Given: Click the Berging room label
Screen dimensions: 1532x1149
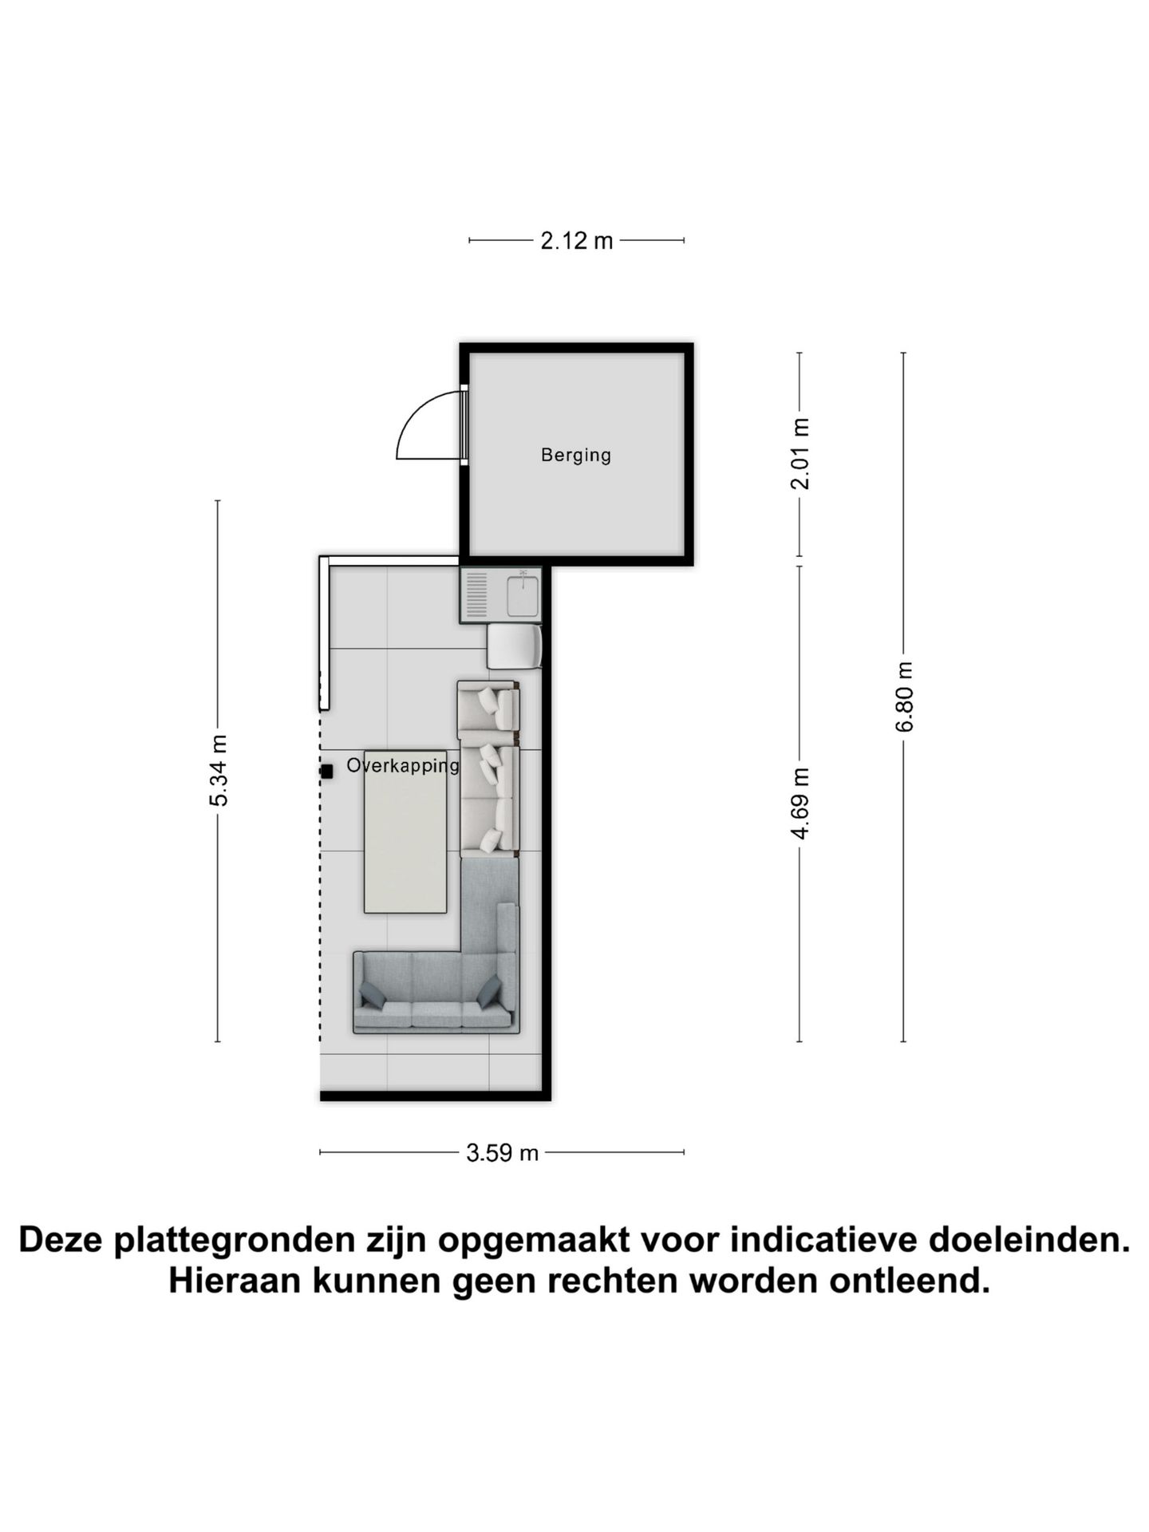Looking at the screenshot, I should (575, 455).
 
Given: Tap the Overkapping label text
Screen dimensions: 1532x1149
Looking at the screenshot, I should (403, 765).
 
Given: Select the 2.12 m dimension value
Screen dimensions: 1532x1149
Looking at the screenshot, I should (576, 240).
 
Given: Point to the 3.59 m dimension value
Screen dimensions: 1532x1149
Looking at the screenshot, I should (503, 1152).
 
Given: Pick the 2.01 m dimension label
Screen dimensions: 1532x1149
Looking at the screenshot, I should (800, 453).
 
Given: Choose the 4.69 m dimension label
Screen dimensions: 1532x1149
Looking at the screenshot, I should (800, 803).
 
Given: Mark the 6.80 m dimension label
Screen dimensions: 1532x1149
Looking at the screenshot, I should (904, 697).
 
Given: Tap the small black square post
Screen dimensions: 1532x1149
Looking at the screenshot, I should (326, 772).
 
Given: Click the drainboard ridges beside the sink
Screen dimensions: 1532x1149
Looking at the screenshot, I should (476, 595).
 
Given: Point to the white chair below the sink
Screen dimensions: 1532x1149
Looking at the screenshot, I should (514, 646).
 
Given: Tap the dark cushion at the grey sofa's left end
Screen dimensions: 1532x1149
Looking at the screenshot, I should (372, 994).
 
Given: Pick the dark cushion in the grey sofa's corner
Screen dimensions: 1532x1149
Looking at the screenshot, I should (489, 990).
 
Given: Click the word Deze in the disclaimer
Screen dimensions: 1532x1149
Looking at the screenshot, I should (62, 1240).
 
